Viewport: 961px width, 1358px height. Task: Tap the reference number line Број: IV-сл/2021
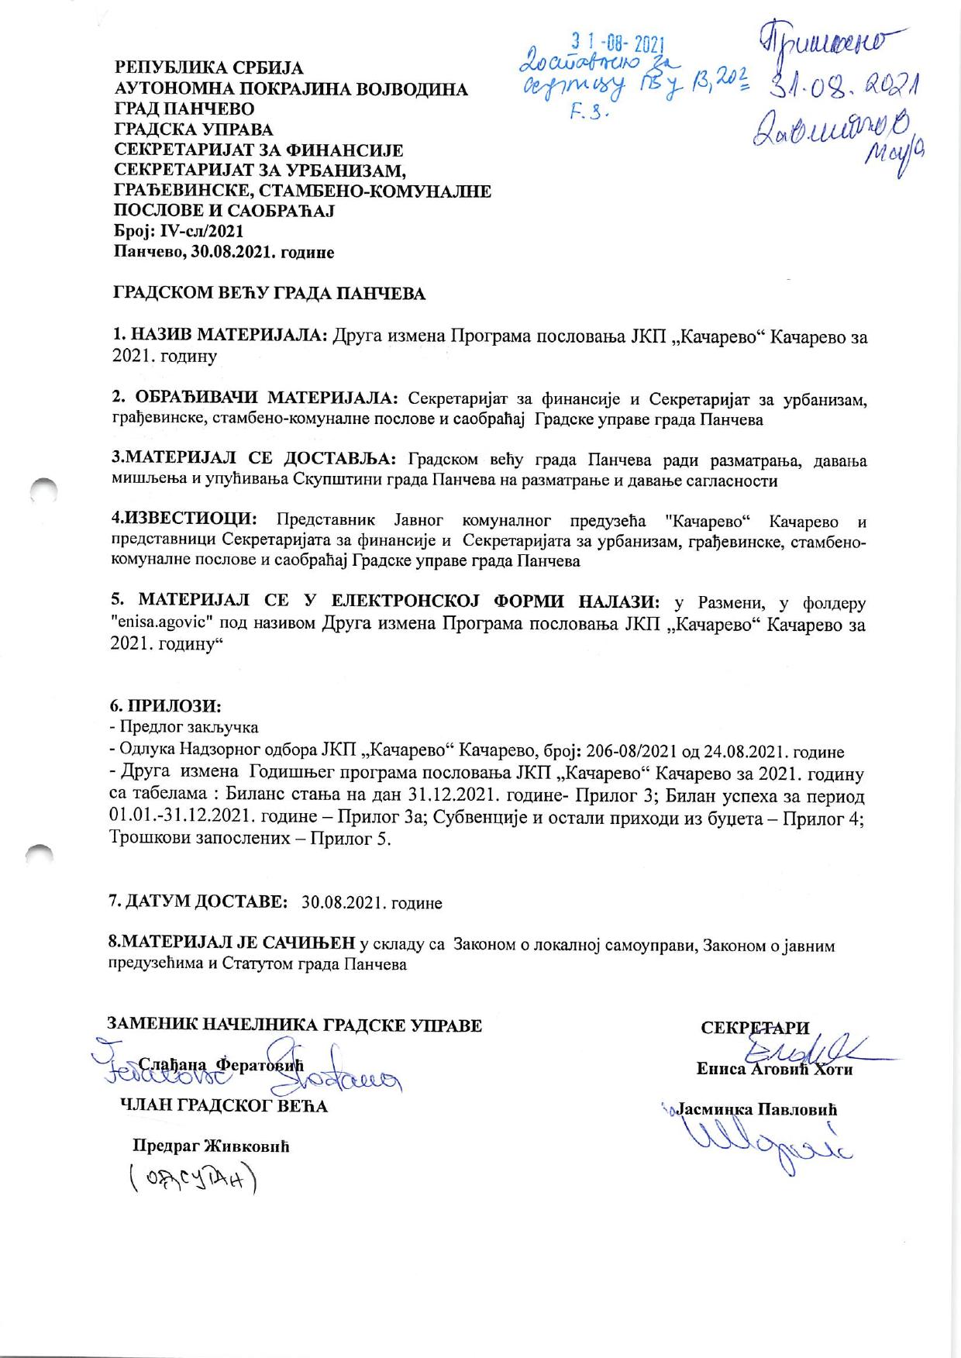[x=179, y=231]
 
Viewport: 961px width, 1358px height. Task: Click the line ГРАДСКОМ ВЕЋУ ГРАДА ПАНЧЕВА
[x=270, y=294]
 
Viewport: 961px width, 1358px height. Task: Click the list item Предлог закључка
[x=188, y=727]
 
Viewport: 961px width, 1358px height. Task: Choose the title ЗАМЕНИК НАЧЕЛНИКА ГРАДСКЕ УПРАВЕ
[x=294, y=1025]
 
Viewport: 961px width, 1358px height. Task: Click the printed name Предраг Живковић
[x=211, y=1146]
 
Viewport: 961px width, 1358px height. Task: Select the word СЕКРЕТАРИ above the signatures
[x=755, y=1028]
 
